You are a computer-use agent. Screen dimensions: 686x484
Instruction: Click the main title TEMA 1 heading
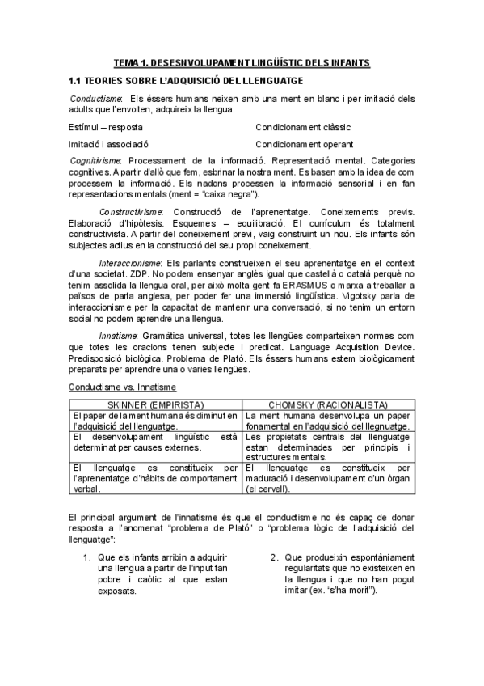pyautogui.click(x=242, y=62)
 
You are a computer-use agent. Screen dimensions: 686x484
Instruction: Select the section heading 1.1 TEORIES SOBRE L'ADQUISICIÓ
pyautogui.click(x=186, y=81)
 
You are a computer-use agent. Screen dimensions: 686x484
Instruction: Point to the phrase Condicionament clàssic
pyautogui.click(x=303, y=128)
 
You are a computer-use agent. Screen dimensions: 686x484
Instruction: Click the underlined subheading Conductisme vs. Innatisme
pyautogui.click(x=115, y=387)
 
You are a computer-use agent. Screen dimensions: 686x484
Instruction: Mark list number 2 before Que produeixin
pyautogui.click(x=275, y=557)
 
